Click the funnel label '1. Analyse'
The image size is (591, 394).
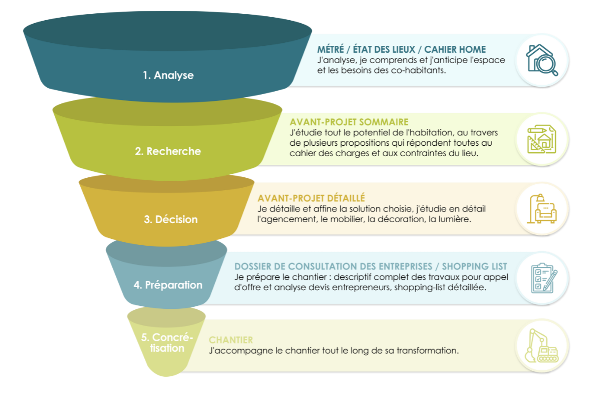[168, 76]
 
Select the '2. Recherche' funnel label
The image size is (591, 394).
[168, 151]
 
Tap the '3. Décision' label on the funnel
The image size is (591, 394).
[170, 219]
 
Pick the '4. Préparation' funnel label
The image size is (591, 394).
[167, 285]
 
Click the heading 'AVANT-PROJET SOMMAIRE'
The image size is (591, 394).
[349, 122]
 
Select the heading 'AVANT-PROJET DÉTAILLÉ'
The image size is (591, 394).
[311, 198]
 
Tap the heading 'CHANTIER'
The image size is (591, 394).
[231, 340]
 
